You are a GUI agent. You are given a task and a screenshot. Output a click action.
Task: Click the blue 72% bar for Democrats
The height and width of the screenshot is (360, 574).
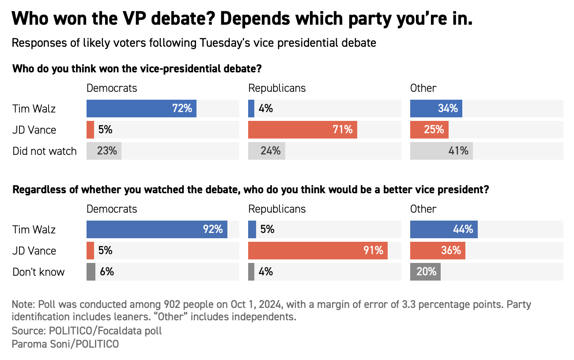click(141, 109)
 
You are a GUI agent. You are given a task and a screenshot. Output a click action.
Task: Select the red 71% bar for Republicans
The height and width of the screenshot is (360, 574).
click(302, 130)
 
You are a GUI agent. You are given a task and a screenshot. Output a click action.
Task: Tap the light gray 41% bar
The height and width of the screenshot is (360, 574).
click(441, 151)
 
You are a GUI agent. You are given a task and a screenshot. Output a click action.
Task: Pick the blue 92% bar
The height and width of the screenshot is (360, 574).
click(157, 229)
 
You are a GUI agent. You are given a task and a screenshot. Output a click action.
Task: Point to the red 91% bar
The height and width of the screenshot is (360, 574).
click(318, 251)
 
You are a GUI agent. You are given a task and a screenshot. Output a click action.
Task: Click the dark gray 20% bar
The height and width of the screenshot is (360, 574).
click(425, 272)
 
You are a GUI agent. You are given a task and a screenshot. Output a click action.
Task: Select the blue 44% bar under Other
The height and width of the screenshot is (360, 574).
click(444, 229)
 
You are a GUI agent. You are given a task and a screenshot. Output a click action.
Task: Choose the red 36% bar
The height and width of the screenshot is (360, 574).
click(438, 251)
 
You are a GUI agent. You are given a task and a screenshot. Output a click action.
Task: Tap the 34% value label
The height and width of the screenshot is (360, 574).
click(448, 109)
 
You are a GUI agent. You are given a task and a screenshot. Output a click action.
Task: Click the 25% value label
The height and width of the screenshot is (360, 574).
click(434, 130)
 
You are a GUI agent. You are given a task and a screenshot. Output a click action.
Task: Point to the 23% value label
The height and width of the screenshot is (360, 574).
click(107, 151)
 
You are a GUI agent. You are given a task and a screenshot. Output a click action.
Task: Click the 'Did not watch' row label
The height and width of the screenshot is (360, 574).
click(45, 151)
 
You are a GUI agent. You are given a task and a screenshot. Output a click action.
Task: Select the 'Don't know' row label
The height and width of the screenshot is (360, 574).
click(38, 272)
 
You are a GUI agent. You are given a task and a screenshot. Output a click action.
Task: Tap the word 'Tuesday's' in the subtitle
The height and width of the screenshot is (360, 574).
click(227, 43)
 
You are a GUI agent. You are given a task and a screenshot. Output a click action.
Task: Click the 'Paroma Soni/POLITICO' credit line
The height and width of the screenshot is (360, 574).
click(65, 344)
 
